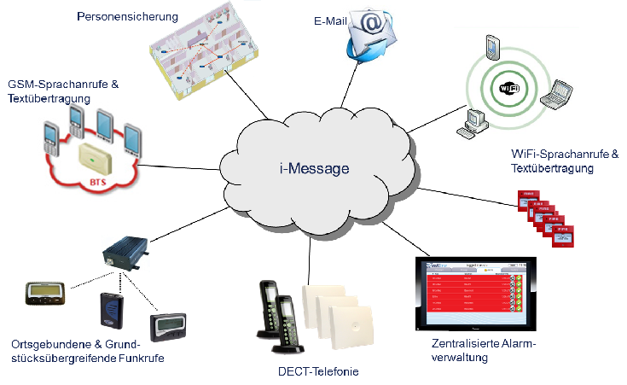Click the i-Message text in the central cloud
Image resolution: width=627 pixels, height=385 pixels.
coord(314,169)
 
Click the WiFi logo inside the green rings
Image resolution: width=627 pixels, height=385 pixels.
coord(508,90)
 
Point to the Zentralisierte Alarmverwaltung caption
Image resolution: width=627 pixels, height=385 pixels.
coord(485,350)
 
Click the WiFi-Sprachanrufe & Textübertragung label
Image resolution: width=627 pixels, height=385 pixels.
coord(564,161)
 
